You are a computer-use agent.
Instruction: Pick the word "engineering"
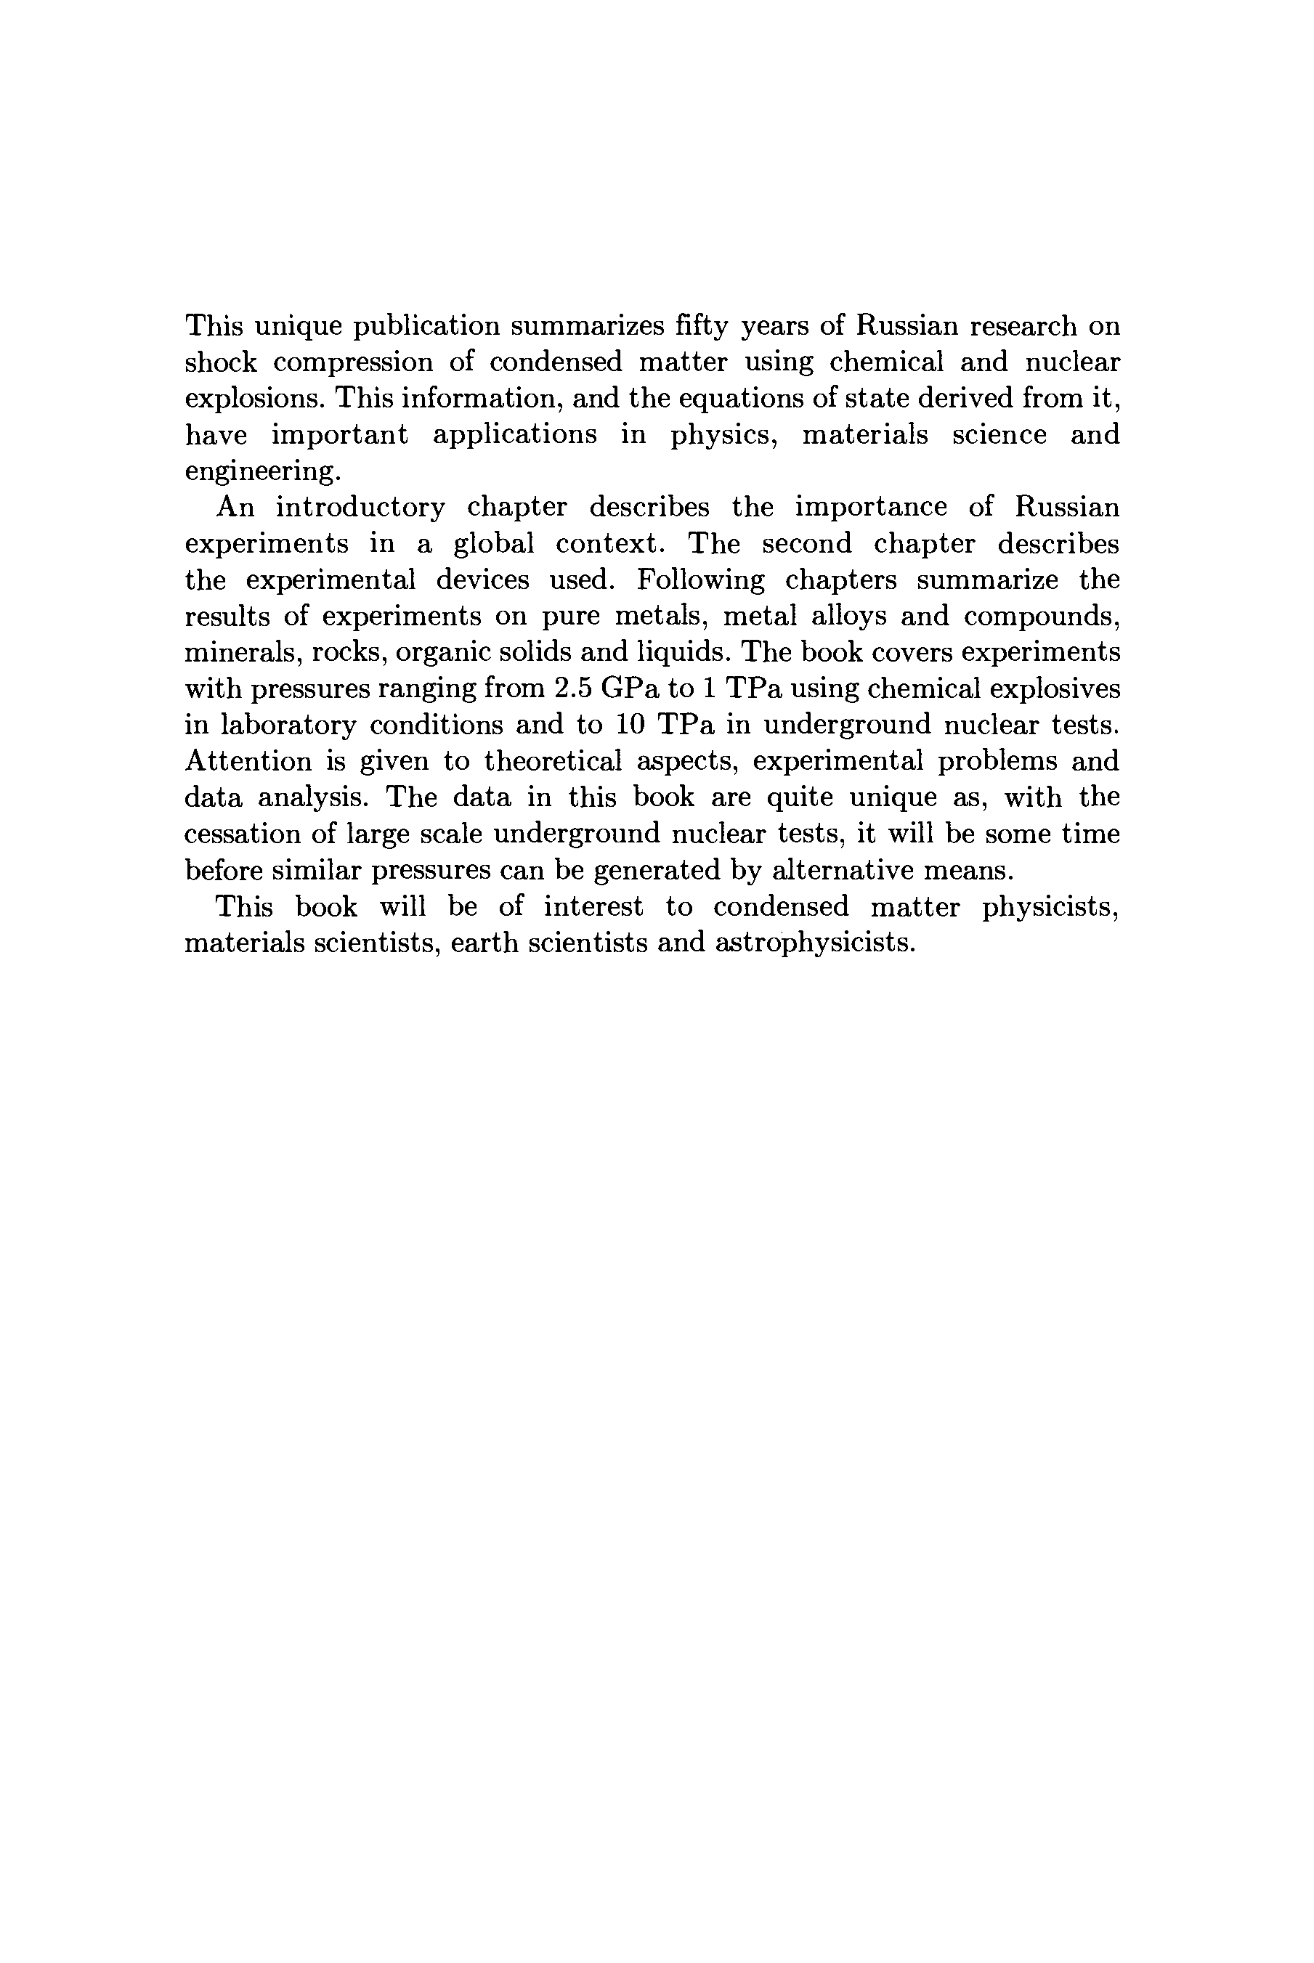261,472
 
